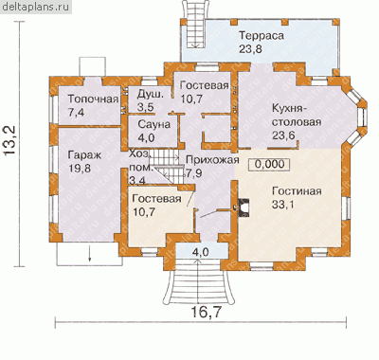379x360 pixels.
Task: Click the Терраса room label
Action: pos(262,35)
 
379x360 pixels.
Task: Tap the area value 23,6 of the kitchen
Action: pos(283,135)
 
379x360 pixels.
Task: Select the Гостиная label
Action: pos(297,191)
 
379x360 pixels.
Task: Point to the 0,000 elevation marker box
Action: pos(269,164)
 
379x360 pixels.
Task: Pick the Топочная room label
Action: pos(94,99)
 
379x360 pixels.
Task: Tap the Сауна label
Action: pos(154,124)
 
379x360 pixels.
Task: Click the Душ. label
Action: pos(151,95)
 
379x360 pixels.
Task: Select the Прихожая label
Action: pos(212,160)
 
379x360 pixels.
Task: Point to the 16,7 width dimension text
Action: pos(206,313)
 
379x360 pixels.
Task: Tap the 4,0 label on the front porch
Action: pos(201,252)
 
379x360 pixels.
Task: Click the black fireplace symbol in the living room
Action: pos(244,207)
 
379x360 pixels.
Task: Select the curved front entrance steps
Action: pos(199,281)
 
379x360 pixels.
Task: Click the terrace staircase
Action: pos(195,25)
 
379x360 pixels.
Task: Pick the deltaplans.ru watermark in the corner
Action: pos(35,7)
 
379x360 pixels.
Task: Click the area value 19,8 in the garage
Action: pos(80,168)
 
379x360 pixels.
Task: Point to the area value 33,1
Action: pos(283,205)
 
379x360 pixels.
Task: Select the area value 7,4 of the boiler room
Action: pos(76,112)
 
